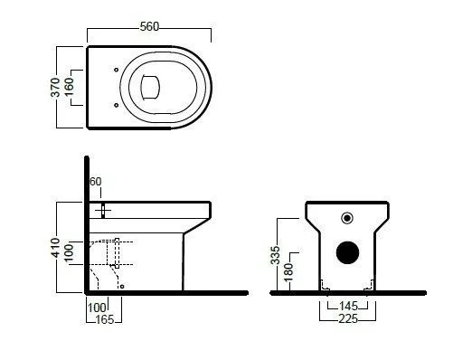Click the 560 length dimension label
[x=149, y=26]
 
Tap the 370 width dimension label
[x=55, y=88]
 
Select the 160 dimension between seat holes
[x=69, y=87]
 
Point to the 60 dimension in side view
[x=96, y=182]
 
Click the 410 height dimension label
[x=55, y=248]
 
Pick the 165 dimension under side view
[x=105, y=319]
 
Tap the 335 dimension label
[x=275, y=255]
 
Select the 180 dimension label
[x=288, y=272]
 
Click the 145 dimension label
[x=348, y=307]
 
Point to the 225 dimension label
[x=348, y=318]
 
